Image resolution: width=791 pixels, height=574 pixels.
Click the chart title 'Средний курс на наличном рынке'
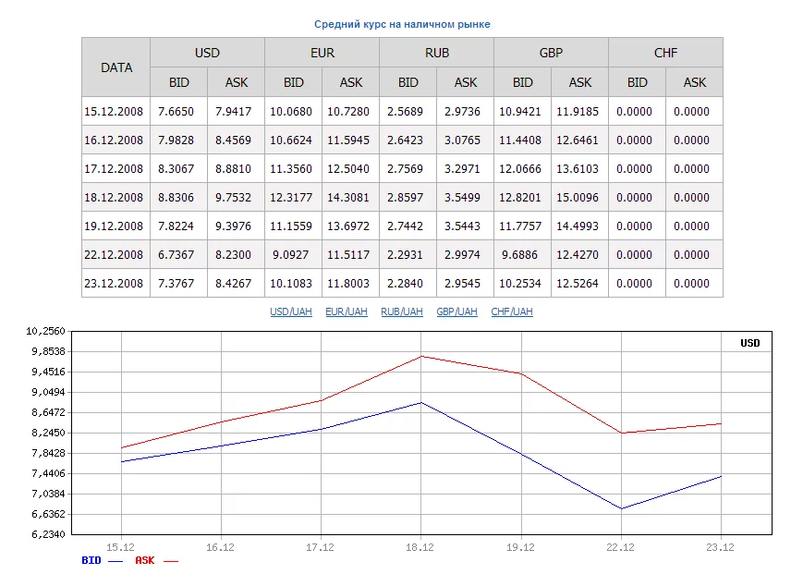point(402,24)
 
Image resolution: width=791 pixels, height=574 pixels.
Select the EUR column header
point(322,53)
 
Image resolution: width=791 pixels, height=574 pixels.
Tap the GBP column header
point(551,53)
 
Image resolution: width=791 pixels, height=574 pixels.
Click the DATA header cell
point(116,67)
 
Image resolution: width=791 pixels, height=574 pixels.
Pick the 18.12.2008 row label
point(114,198)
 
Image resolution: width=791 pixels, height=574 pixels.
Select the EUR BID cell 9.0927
point(294,255)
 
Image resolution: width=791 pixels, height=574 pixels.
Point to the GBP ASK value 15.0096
point(580,198)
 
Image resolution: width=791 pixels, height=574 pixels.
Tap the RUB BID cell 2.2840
point(408,284)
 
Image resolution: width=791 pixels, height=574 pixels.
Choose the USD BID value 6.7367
point(179,255)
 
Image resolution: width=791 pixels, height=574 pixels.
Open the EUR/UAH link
point(347,312)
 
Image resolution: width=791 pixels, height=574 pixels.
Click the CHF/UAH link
point(512,312)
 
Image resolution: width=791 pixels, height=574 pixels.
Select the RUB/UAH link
point(402,312)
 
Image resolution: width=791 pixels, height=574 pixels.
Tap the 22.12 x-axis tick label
point(621,547)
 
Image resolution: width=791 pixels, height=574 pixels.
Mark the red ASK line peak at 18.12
point(420,356)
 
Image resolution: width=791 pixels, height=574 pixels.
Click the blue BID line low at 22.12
point(621,508)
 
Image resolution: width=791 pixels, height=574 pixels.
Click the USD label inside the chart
point(749,344)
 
